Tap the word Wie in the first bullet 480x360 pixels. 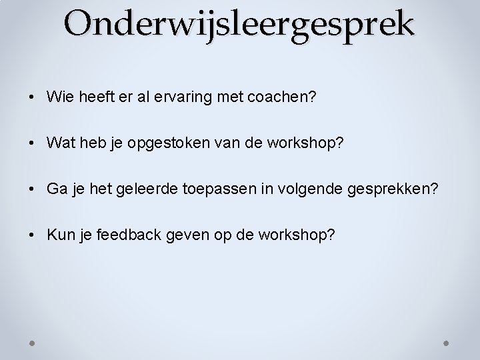(x=58, y=97)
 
